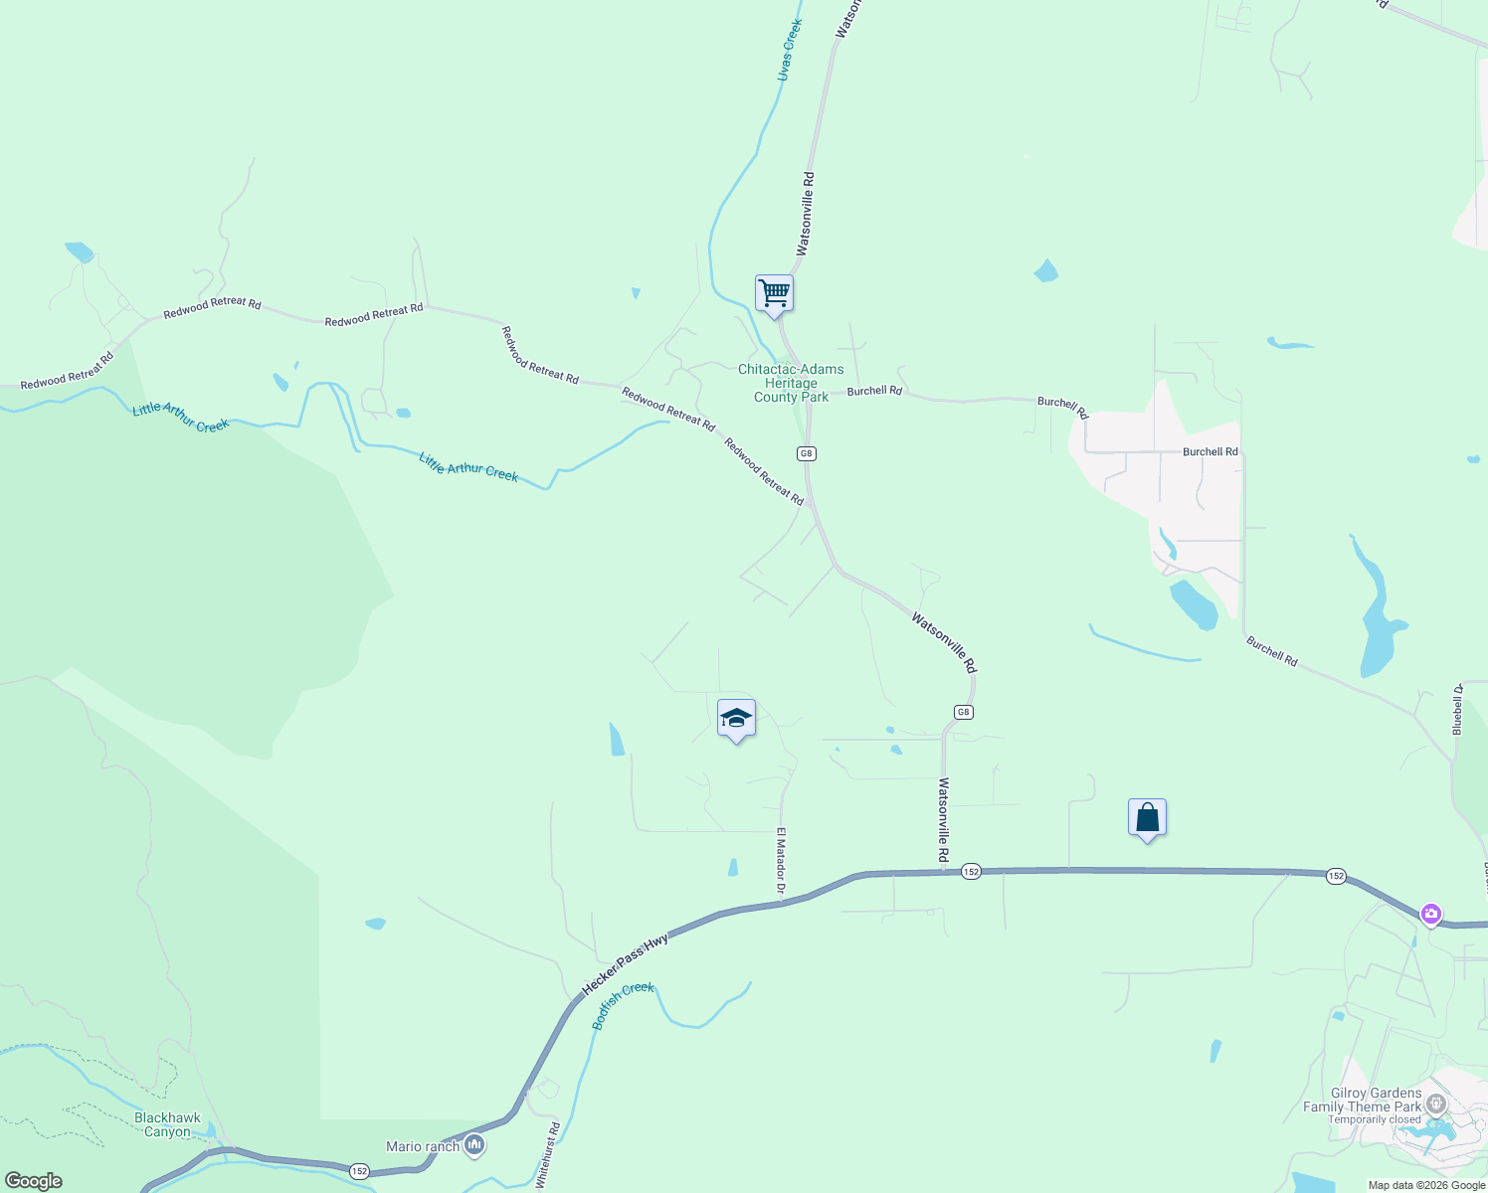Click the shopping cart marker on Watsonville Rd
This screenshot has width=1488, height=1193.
tap(774, 293)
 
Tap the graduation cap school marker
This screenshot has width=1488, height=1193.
tap(736, 718)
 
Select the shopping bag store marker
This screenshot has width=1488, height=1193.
tap(1147, 817)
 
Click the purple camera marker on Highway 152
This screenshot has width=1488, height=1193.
tap(1430, 914)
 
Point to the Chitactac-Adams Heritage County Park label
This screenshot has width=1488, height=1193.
tap(791, 383)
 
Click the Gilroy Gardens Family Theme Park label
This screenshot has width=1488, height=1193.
tap(1363, 1100)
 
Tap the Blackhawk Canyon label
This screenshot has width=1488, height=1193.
tap(167, 1124)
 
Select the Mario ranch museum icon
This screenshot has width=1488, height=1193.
tap(474, 1146)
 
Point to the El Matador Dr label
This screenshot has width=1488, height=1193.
tap(782, 861)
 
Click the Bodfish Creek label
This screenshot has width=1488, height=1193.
tap(624, 1005)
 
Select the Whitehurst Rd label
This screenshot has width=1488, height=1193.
tap(548, 1155)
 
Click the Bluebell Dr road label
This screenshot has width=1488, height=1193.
tap(1457, 708)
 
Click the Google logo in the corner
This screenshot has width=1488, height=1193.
tap(34, 1181)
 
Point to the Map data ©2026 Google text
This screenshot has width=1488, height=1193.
tap(1426, 1185)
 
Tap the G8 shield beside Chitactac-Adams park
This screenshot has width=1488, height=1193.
tap(806, 453)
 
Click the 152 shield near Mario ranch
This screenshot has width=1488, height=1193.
tap(359, 1171)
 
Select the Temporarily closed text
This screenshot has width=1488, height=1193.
tap(1375, 1119)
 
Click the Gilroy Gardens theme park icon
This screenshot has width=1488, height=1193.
tap(1435, 1104)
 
